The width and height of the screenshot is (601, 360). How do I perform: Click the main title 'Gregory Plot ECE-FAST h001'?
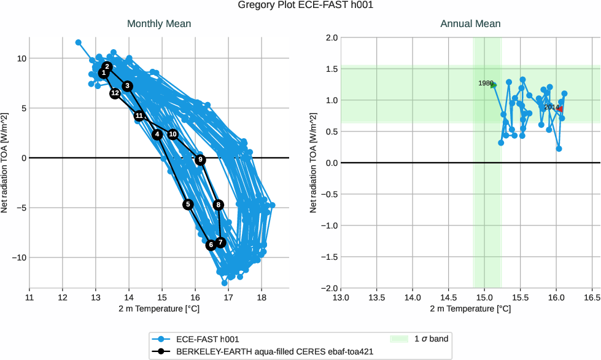pos(300,6)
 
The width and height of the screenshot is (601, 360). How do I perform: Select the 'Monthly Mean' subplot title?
pos(159,24)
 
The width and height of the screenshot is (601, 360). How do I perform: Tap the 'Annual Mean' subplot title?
pos(470,24)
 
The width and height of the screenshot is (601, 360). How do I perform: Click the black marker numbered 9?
pos(200,160)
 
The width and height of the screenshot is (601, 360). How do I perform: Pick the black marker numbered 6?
pos(211,245)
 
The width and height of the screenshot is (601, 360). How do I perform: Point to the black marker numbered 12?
pos(115,93)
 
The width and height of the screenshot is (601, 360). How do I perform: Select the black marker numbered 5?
pos(188,205)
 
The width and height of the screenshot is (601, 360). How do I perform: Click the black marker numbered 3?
pos(127,86)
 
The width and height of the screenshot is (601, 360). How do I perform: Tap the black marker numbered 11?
pos(139,115)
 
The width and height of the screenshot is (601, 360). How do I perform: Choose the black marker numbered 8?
pos(218,205)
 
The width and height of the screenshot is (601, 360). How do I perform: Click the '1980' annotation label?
pos(486,83)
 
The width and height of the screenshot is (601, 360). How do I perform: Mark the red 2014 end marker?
pos(559,108)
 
